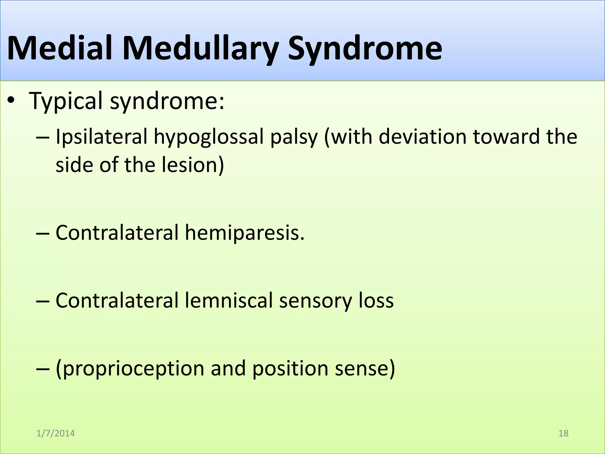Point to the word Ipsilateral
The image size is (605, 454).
(x=101, y=137)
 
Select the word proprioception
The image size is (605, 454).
(x=130, y=369)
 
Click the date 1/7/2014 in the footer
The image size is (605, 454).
(x=56, y=433)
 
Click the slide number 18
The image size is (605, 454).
(x=563, y=433)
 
